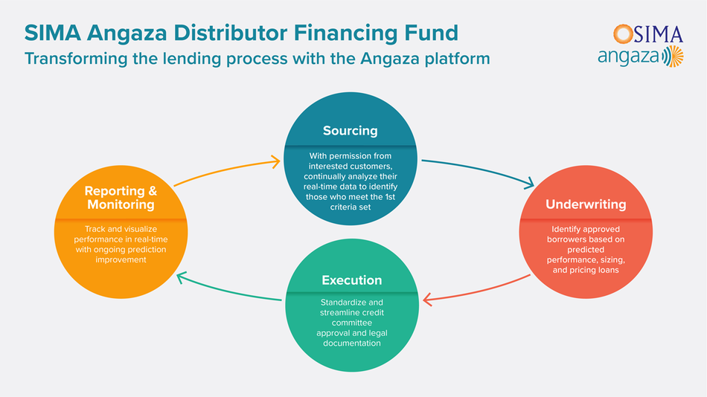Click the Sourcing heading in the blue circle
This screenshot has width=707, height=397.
351,131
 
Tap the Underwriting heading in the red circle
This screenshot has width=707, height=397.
586,204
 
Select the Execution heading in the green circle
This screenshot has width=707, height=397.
352,280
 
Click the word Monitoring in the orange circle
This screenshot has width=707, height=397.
121,205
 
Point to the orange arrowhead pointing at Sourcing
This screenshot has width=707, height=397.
275,162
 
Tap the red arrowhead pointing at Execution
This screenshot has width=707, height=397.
428,299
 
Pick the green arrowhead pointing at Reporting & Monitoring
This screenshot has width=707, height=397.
182,277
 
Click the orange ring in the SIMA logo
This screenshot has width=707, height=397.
623,34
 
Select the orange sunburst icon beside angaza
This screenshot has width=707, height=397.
676,57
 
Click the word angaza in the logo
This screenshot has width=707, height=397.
630,57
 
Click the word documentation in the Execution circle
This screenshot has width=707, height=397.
352,343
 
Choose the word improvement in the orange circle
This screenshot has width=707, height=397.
121,260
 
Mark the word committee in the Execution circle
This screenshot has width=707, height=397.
352,323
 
